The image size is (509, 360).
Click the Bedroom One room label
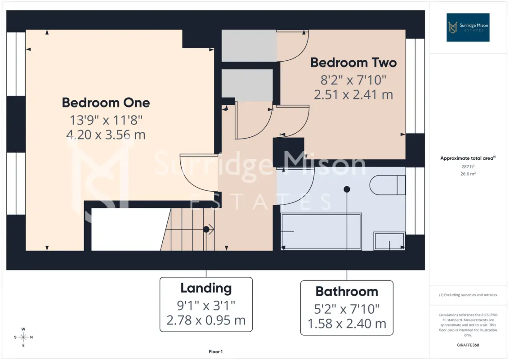tap(106, 103)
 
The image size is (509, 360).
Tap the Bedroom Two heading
tap(353, 63)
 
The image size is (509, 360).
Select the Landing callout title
tap(206, 288)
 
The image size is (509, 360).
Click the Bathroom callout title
tap(347, 292)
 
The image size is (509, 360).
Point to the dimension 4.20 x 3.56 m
tap(106, 135)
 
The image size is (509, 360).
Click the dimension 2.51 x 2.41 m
tap(353, 94)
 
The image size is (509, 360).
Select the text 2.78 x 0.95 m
tap(206, 320)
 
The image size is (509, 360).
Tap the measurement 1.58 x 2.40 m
tap(347, 324)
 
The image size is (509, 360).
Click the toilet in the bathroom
tap(388, 185)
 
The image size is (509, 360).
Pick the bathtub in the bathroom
tap(321, 231)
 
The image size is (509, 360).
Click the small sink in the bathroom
tap(389, 241)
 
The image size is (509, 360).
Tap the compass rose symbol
tap(23, 337)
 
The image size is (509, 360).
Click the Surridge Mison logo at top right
tap(468, 27)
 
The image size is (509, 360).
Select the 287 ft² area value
tap(468, 166)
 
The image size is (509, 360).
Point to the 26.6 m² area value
tap(468, 174)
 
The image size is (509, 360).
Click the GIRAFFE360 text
tap(468, 345)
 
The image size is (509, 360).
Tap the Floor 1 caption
tap(215, 351)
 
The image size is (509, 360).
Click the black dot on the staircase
tap(206, 229)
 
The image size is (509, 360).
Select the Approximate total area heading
tap(468, 158)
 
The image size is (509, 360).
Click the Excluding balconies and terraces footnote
tap(468, 295)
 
